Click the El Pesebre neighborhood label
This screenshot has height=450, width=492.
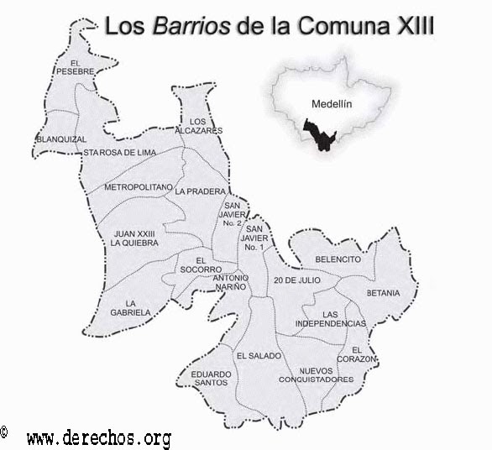(x=75, y=68)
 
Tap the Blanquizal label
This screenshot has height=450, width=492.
(x=61, y=139)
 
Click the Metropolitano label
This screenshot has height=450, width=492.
(x=139, y=186)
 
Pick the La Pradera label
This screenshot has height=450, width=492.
(x=201, y=191)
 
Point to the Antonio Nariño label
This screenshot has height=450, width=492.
(x=230, y=282)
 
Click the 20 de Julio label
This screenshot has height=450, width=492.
(x=297, y=279)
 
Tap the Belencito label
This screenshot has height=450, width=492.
(x=338, y=259)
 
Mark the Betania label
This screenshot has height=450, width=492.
(x=383, y=293)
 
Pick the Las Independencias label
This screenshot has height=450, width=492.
(x=332, y=318)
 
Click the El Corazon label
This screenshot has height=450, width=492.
(x=363, y=353)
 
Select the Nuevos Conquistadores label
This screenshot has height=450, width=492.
(x=326, y=375)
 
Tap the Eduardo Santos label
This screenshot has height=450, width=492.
(x=209, y=378)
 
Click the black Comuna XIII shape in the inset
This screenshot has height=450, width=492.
(x=319, y=135)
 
